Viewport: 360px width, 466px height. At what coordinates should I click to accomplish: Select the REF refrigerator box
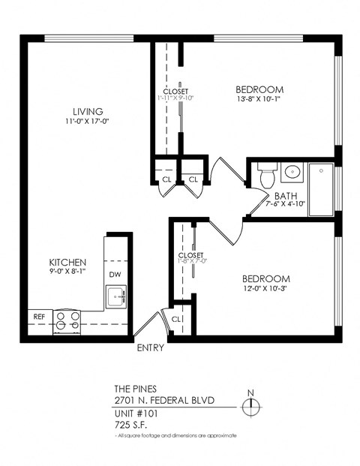click(x=40, y=317)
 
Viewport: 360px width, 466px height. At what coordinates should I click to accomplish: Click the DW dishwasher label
click(x=115, y=275)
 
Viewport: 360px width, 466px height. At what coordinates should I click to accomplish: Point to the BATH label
click(x=286, y=196)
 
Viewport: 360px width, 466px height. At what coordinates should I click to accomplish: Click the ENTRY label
click(x=151, y=348)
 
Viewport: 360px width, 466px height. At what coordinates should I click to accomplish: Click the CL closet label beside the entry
click(x=176, y=319)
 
